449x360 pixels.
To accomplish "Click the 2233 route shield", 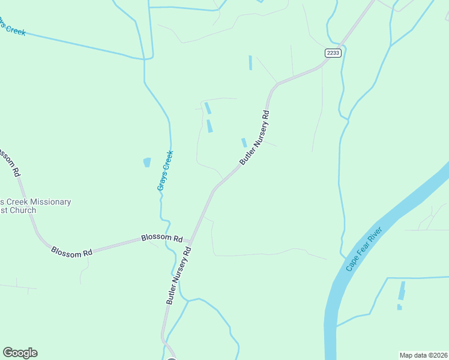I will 333,53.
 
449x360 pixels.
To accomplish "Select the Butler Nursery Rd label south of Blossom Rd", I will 179,275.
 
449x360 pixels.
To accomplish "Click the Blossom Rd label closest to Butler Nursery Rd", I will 162,238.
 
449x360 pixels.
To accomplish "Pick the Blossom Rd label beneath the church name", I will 71,252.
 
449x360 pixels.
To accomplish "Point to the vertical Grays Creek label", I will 165,170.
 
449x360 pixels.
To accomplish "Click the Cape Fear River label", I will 364,249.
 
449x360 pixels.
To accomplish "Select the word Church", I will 23,211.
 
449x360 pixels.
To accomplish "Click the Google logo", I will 20,353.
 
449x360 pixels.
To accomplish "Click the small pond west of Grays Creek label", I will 147,163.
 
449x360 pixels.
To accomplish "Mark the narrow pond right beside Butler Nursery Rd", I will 244,143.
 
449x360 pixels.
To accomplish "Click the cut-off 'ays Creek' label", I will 12,27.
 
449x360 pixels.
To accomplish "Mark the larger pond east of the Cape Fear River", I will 401,290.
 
